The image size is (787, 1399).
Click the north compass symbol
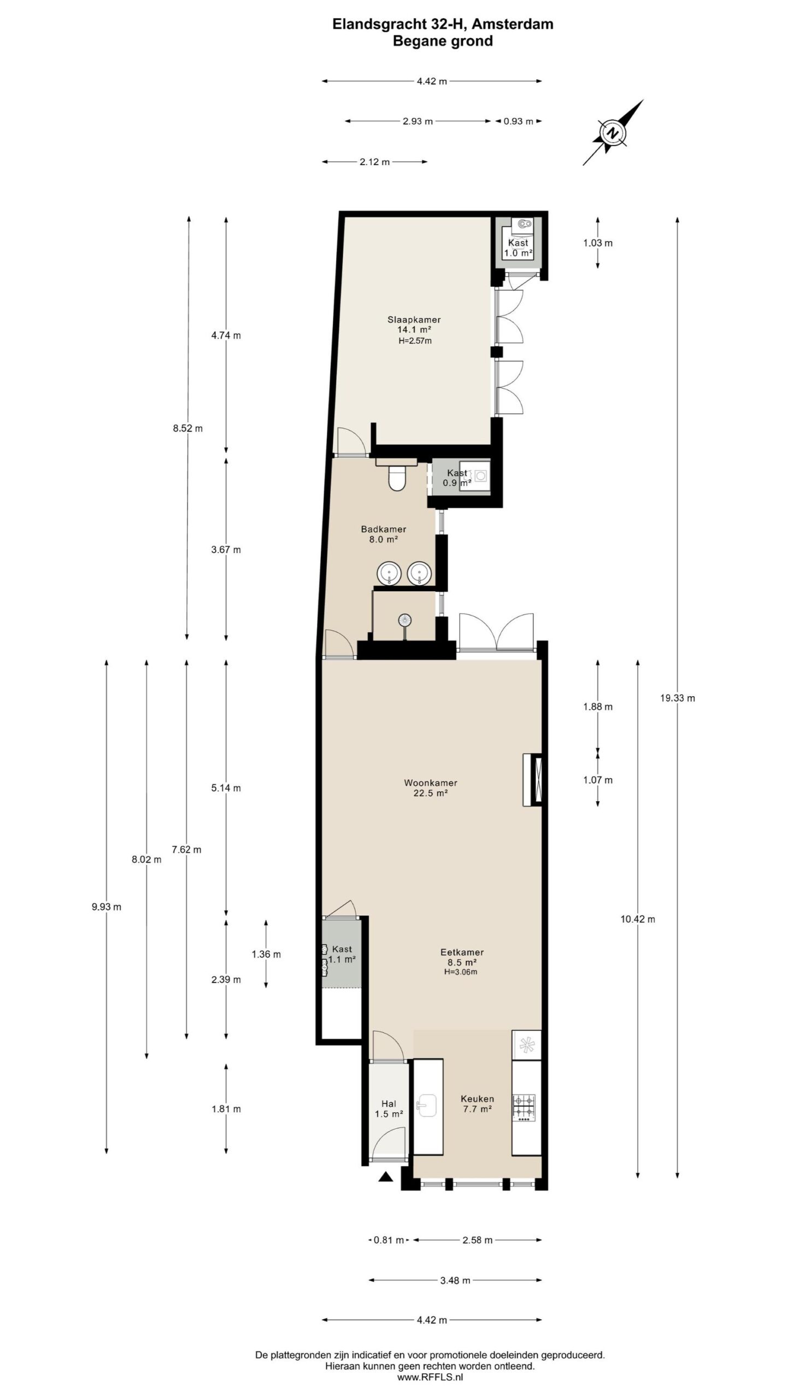[x=613, y=132]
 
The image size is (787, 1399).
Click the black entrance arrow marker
[x=386, y=1177]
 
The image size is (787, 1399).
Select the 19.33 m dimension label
[x=677, y=698]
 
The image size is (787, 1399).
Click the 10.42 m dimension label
[x=637, y=919]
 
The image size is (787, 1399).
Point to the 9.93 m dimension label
[x=107, y=907]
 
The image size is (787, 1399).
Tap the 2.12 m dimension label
[x=374, y=162]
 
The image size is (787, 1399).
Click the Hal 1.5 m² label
[x=389, y=1109]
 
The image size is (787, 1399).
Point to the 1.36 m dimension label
[x=266, y=954]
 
